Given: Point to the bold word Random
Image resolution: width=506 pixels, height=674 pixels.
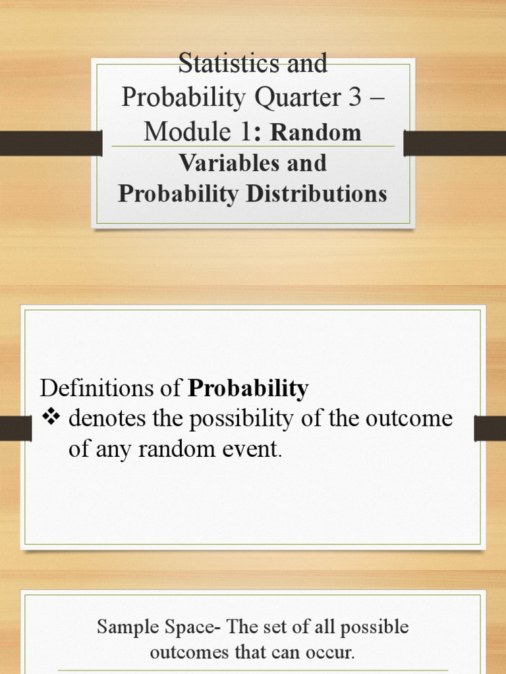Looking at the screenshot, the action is [x=316, y=132].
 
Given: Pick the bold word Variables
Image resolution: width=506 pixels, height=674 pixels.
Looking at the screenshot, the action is [x=229, y=163].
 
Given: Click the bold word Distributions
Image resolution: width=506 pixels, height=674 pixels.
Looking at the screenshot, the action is [x=316, y=194].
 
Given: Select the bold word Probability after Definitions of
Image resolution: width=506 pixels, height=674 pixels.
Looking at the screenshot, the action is [x=248, y=389].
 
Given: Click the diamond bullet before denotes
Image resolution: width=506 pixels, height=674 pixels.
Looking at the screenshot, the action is [x=51, y=417].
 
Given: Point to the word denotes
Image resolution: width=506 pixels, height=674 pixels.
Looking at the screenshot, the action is [x=107, y=418].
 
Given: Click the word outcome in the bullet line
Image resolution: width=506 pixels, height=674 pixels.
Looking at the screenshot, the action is [x=408, y=418].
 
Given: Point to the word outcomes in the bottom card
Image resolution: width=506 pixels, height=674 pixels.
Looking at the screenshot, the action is [x=189, y=652].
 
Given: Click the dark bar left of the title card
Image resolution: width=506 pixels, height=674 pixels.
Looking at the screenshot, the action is [x=51, y=143].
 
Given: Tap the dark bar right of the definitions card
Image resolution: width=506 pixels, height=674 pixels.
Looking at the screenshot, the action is [x=490, y=428].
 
